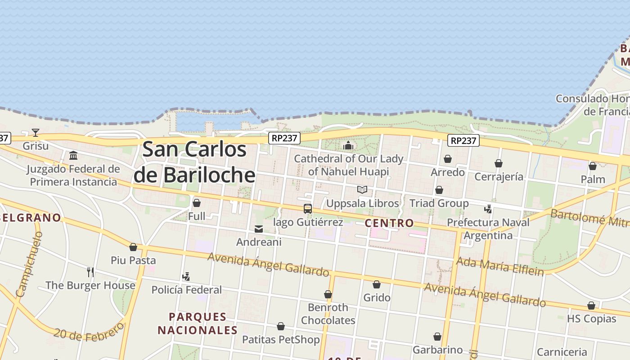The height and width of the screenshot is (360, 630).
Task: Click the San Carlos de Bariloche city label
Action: pos(195,162)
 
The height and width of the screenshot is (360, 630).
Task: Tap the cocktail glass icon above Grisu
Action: pos(36,133)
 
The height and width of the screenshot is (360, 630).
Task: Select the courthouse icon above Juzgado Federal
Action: pos(73,156)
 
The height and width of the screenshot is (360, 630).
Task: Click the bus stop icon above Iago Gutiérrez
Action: pos(308,209)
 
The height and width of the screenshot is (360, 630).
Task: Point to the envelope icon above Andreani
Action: pos(259,229)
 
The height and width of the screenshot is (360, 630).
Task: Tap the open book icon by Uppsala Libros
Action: pos(362,189)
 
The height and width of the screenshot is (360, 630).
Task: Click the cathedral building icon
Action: pos(348,145)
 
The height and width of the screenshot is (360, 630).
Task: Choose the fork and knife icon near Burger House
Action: pos(90,272)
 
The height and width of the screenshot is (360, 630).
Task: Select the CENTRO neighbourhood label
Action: pos(389,223)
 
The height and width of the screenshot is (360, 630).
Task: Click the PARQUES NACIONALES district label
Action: pos(197,324)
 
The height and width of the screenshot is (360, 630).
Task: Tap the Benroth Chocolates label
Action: pos(328,314)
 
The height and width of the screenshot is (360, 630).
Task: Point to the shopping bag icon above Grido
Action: pos(377,284)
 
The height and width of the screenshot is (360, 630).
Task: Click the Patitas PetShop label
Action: pos(281,339)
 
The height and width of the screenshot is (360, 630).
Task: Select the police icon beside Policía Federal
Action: pos(186,276)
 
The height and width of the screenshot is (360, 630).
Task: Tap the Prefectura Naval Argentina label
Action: pos(488,229)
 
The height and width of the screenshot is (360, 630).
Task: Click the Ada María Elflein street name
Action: pos(499,266)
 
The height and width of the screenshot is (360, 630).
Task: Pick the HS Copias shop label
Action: pos(591,319)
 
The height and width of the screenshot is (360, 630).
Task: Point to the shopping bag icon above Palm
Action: pos(593,166)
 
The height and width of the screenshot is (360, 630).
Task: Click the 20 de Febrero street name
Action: pos(89,332)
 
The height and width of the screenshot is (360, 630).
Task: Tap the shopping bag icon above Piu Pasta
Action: pos(133,247)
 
